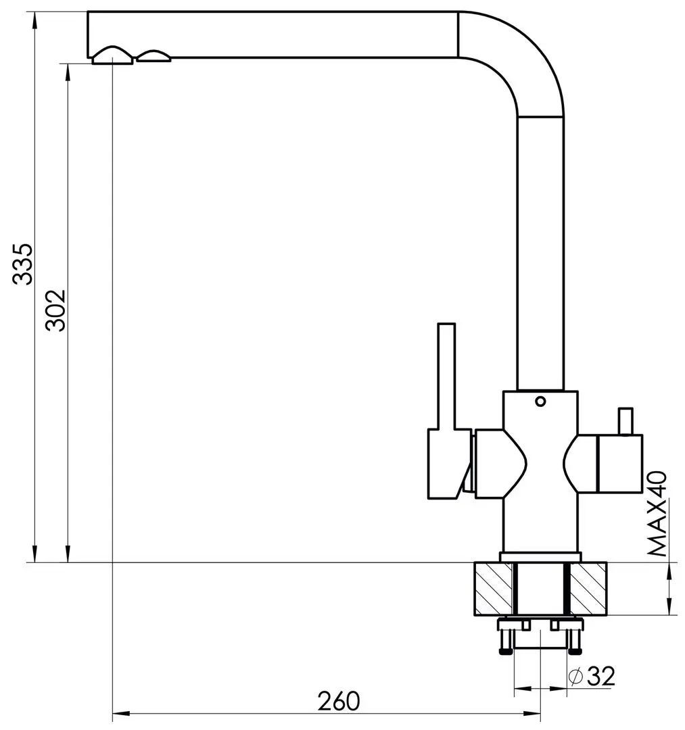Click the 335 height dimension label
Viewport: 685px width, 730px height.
pyautogui.click(x=22, y=264)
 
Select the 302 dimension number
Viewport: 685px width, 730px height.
pyautogui.click(x=56, y=310)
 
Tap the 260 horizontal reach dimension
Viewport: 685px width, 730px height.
pyautogui.click(x=339, y=701)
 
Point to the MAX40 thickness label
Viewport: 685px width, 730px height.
pyautogui.click(x=657, y=514)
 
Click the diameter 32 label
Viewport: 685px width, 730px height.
pyautogui.click(x=592, y=676)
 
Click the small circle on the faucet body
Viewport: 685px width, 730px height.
pyautogui.click(x=540, y=401)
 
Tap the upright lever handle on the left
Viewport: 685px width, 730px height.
pyautogui.click(x=446, y=376)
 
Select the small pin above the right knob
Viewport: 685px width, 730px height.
pyautogui.click(x=625, y=421)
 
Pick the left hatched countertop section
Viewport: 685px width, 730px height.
pyautogui.click(x=493, y=589)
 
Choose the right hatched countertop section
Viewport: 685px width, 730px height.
pyautogui.click(x=588, y=589)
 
